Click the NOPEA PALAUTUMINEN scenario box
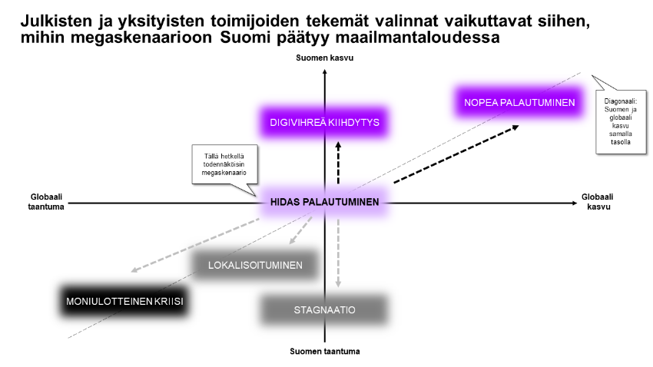(519, 102)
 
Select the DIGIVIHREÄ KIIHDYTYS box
(324, 122)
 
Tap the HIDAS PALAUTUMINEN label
(324, 202)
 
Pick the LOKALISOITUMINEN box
(255, 265)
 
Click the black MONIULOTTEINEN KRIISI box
(124, 301)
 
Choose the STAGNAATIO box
(324, 310)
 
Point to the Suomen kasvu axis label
(324, 58)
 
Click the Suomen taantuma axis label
(324, 351)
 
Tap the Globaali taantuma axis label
(46, 202)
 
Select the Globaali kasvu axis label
(597, 202)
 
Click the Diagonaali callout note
(621, 121)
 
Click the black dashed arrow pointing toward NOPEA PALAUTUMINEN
(456, 154)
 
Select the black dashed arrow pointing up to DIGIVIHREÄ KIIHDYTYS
(338, 163)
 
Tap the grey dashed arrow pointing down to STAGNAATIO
(338, 253)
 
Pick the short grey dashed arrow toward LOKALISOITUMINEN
(300, 230)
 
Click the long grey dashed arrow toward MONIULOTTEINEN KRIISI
(195, 246)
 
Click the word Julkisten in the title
(56, 21)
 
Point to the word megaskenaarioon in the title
(141, 38)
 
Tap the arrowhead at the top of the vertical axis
(325, 72)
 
